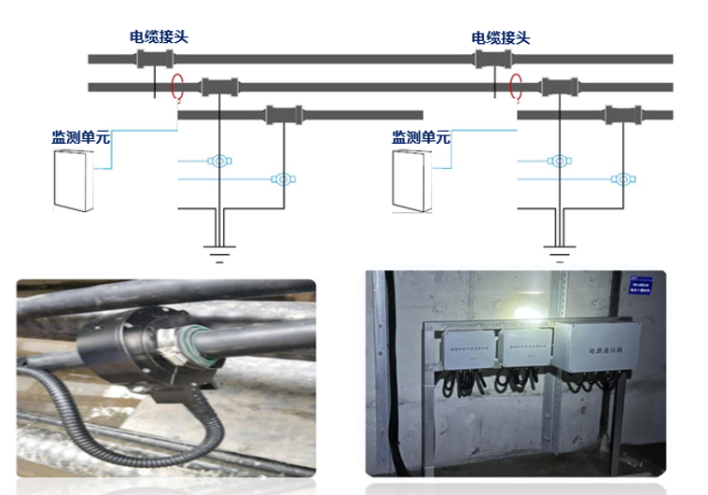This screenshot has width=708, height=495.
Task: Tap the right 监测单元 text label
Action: [421, 137]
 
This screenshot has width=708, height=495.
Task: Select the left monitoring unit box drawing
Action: [73, 179]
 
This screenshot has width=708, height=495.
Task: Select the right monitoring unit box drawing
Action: [412, 179]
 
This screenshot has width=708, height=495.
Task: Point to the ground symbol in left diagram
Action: [218, 250]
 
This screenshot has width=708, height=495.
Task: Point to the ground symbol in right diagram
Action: [559, 250]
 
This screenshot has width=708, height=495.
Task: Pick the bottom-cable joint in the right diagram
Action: [621, 116]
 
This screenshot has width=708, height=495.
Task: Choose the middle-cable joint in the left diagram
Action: [220, 88]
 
